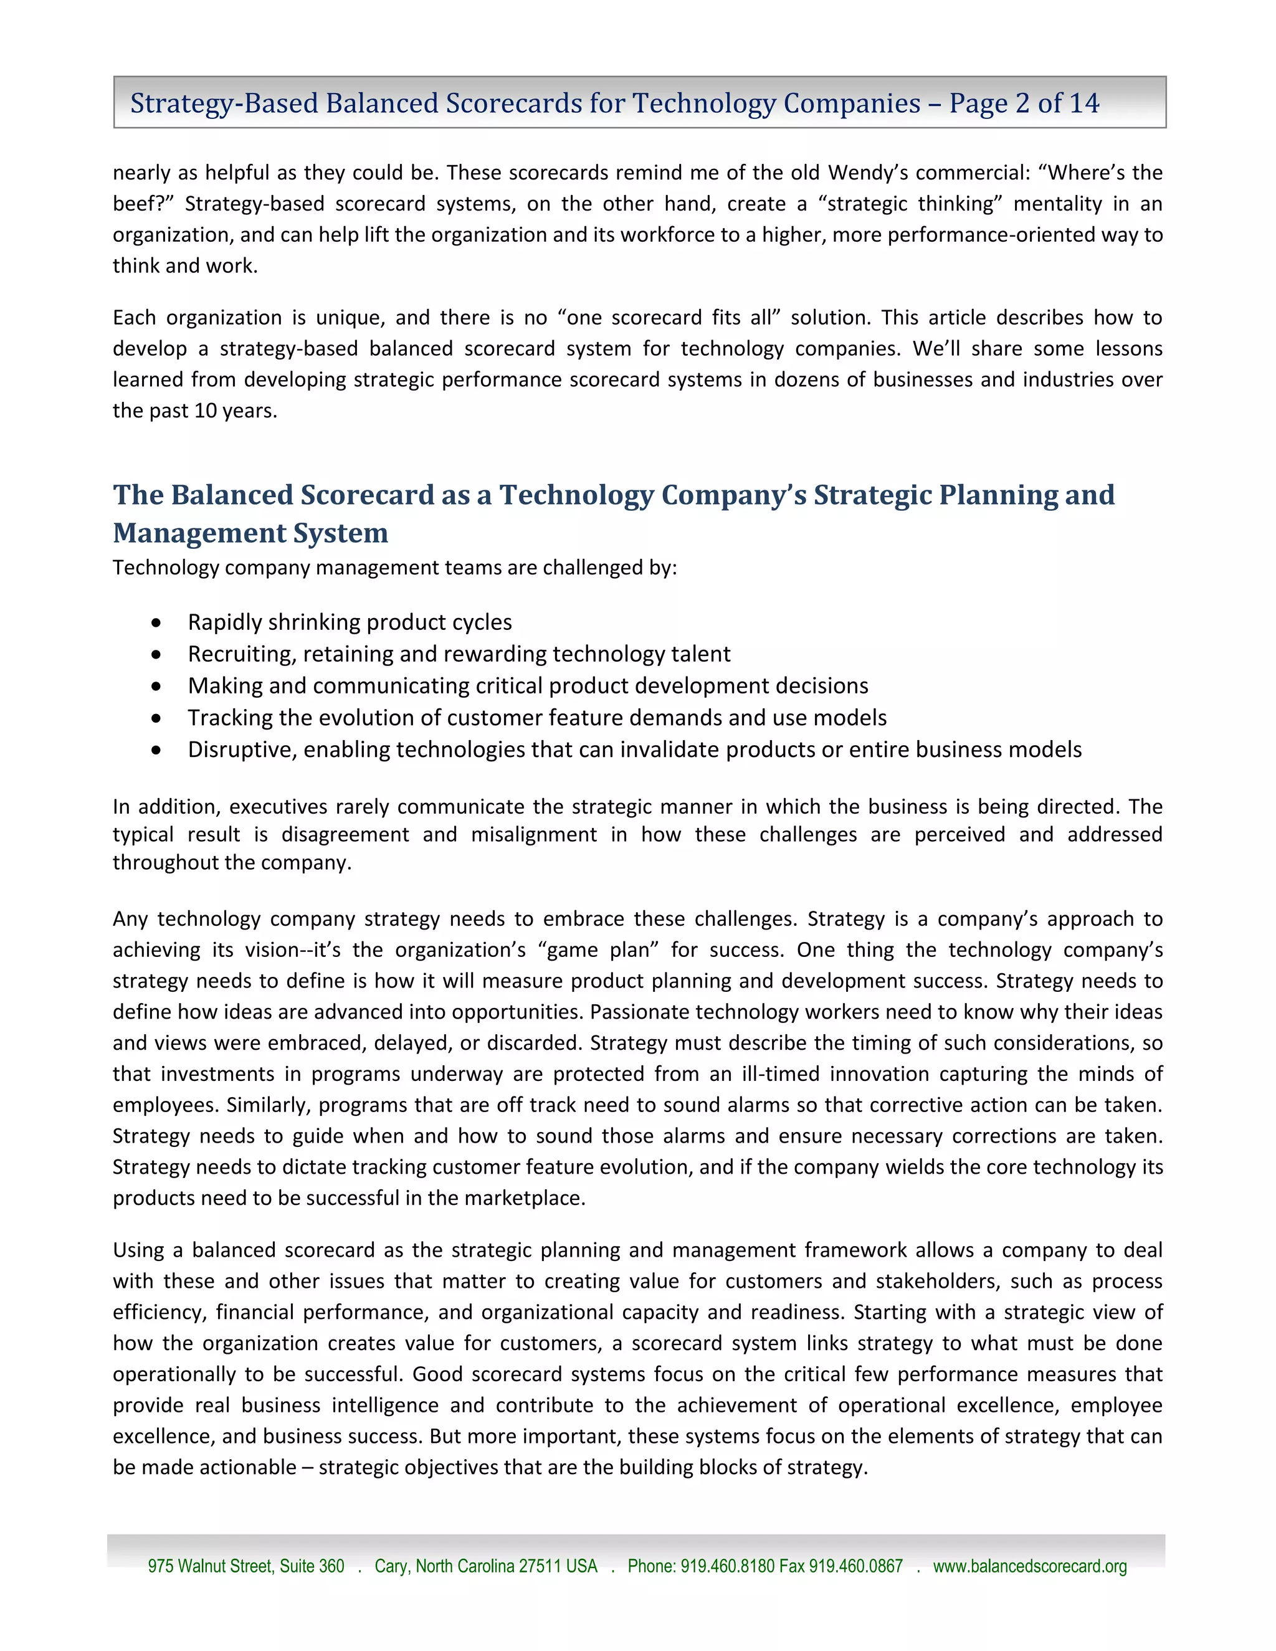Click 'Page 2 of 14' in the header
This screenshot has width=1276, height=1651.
click(x=1024, y=103)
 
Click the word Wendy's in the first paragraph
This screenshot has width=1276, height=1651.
click(x=868, y=173)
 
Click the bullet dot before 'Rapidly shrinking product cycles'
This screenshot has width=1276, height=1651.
click(x=156, y=622)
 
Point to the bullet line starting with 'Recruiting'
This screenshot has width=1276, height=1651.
click(x=458, y=654)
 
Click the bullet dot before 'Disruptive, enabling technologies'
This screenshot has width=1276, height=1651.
click(x=156, y=750)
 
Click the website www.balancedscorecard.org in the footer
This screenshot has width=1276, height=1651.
click(x=1029, y=1566)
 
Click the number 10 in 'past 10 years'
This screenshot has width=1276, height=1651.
click(x=206, y=411)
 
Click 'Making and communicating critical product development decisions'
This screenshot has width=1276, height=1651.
click(x=528, y=686)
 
